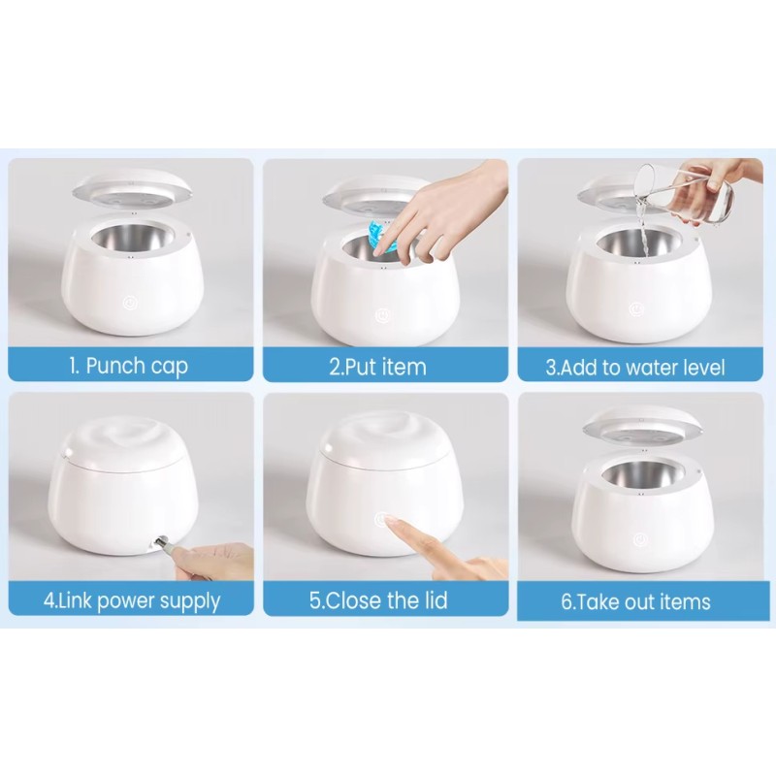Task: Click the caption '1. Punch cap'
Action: (128, 367)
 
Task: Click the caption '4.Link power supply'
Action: (131, 600)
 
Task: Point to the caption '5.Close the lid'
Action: (378, 600)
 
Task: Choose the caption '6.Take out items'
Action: (635, 601)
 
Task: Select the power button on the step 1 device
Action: (128, 302)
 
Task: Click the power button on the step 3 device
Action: (634, 303)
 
